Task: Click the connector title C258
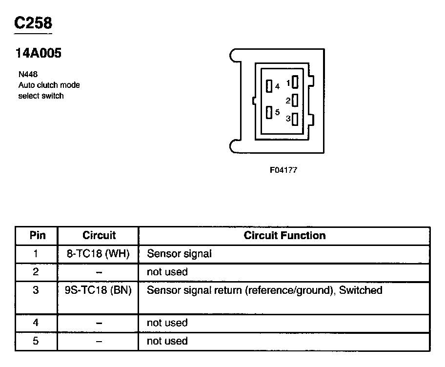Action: click(33, 23)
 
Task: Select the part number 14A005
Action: click(39, 54)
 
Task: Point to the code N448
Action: click(28, 75)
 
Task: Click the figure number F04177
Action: click(283, 170)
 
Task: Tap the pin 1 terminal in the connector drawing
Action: click(295, 82)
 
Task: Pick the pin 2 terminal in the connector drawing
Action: click(295, 101)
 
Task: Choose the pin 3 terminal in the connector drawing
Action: click(295, 119)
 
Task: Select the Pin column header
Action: click(38, 235)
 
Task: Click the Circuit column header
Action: click(99, 235)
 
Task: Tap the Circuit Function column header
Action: click(284, 235)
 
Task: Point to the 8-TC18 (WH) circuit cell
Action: click(98, 254)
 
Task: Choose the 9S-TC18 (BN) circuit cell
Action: click(98, 290)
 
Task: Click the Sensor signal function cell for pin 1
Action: click(179, 254)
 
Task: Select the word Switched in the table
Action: click(361, 290)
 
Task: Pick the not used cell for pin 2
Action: click(167, 272)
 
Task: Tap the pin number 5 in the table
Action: click(36, 341)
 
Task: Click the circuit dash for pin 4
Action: click(99, 323)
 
